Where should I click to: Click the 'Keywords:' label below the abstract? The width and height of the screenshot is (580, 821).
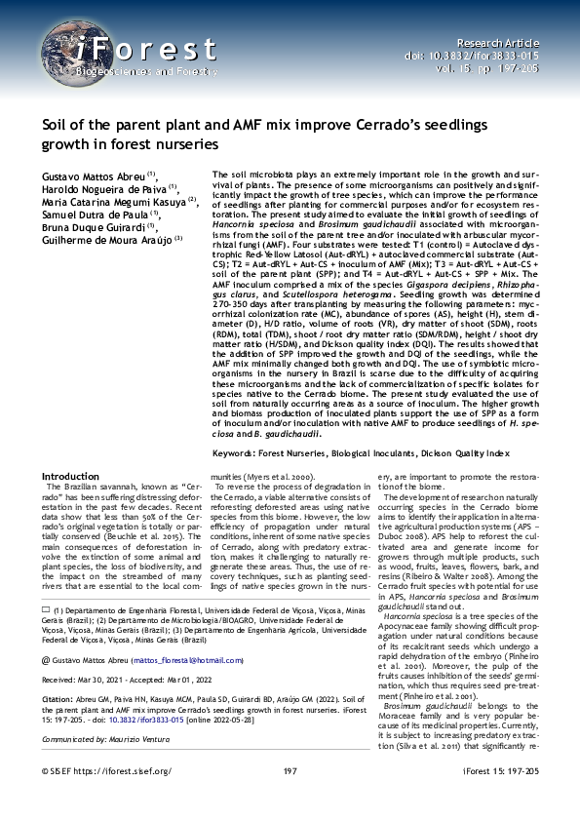tap(239, 454)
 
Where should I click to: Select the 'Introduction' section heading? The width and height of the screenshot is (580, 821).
tap(70, 476)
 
